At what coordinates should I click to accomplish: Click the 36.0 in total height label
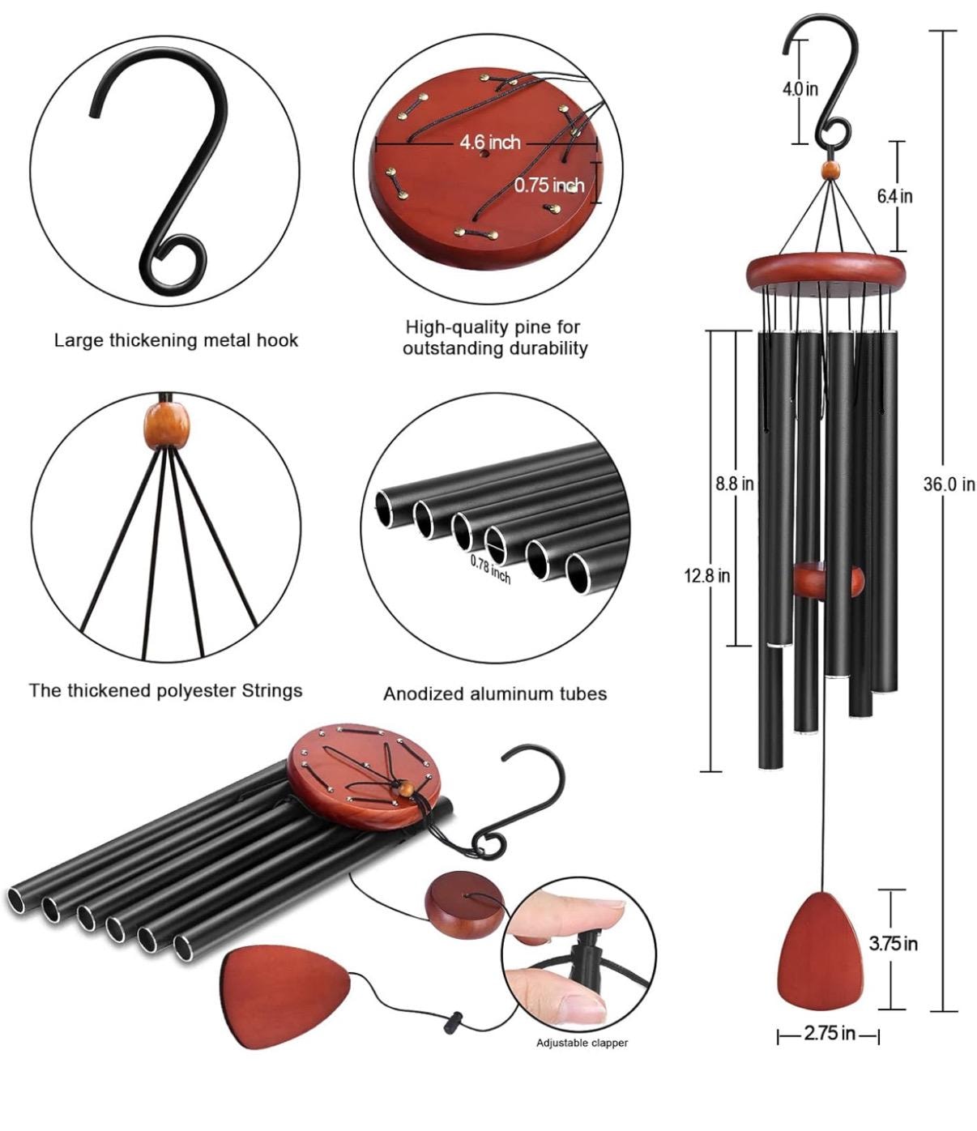(x=948, y=484)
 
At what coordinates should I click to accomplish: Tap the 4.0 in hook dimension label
(x=800, y=88)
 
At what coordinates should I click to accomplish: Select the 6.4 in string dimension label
(x=894, y=196)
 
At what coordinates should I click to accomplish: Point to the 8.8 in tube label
(x=734, y=484)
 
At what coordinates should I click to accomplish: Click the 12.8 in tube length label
(x=706, y=575)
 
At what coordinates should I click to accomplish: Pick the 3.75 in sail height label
(x=893, y=943)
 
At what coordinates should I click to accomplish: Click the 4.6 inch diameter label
(x=490, y=143)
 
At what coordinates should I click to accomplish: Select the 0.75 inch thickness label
(x=548, y=185)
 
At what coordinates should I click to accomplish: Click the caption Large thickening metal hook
(x=176, y=340)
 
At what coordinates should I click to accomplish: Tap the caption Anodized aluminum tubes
(x=494, y=694)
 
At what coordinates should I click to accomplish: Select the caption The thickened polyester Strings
(x=165, y=691)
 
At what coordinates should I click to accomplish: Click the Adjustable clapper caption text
(x=582, y=1043)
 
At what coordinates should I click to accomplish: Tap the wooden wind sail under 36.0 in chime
(x=821, y=952)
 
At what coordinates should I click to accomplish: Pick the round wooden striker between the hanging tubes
(x=828, y=580)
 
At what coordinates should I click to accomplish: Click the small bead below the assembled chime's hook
(x=830, y=170)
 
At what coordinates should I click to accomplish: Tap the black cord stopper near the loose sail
(x=450, y=1022)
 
